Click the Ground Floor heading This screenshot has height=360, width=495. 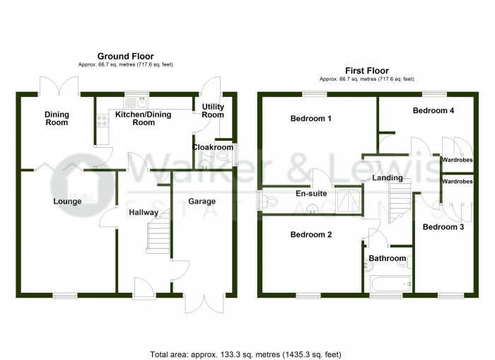click(125, 56)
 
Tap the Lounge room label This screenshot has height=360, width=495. click(67, 202)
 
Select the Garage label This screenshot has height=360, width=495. click(202, 202)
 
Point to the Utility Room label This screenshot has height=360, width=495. click(213, 110)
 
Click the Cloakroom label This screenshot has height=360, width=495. click(213, 148)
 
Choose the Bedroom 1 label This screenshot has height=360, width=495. click(311, 119)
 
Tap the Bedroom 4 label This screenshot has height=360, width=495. click(433, 111)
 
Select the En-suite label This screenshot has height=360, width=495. click(311, 192)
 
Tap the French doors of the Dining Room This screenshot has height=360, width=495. click(59, 85)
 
